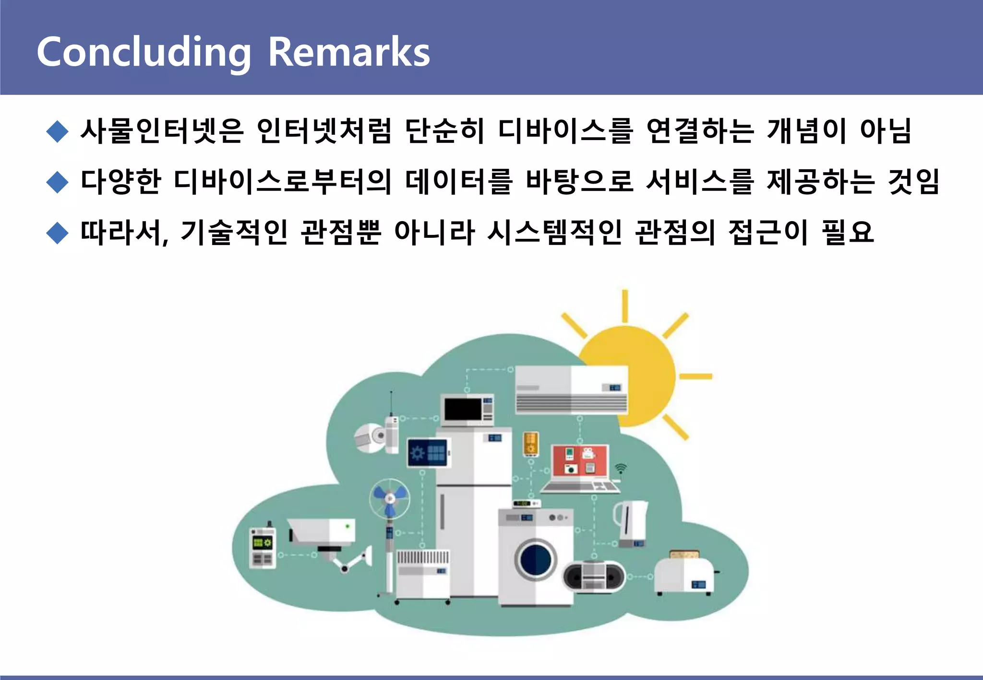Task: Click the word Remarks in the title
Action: pos(348,52)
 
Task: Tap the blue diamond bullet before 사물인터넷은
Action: pos(58,131)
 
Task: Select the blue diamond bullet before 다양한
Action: pos(58,182)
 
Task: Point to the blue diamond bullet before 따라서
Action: pos(58,233)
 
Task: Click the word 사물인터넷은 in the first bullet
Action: pos(162,130)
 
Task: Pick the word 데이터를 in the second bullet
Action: pos(459,182)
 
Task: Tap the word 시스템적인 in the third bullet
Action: pos(555,233)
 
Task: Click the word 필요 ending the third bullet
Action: pos(848,233)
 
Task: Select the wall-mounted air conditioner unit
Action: pos(571,389)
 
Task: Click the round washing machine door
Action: pos(536,559)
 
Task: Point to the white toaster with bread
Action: pos(683,573)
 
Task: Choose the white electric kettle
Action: pos(631,523)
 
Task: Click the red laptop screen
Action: pos(580,460)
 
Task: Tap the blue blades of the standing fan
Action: pos(389,498)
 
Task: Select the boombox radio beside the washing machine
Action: pos(594,576)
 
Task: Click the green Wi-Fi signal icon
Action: pos(621,468)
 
